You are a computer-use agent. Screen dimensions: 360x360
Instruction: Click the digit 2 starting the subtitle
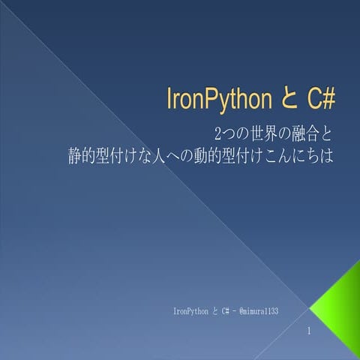pyautogui.click(x=218, y=136)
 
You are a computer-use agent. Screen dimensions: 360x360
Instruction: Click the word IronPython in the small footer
pyautogui.click(x=190, y=310)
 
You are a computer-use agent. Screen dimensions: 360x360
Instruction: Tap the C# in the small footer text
pyautogui.click(x=223, y=310)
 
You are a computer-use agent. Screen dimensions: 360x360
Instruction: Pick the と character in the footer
pyautogui.click(x=213, y=310)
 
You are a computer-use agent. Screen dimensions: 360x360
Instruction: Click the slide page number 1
pyautogui.click(x=309, y=331)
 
